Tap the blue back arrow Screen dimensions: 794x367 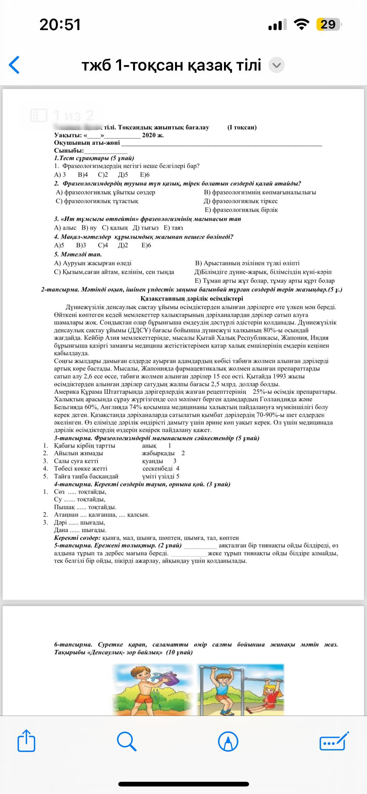point(14,65)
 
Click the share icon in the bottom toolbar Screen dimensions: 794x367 point(26,741)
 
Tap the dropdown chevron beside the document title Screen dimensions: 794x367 point(277,65)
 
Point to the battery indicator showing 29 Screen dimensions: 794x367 point(328,24)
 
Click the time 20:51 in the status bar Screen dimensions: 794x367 point(60,24)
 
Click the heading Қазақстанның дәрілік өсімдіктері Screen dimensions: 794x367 point(192,299)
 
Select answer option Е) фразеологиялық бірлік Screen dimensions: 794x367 point(241,210)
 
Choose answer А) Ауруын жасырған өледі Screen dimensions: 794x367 point(93,263)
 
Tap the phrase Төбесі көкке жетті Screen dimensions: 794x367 point(81,468)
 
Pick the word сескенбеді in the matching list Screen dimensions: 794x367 point(157,468)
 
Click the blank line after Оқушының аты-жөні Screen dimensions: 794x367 point(221,144)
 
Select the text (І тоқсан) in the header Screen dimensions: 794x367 point(242,127)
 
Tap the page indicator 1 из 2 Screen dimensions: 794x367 point(63,115)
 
